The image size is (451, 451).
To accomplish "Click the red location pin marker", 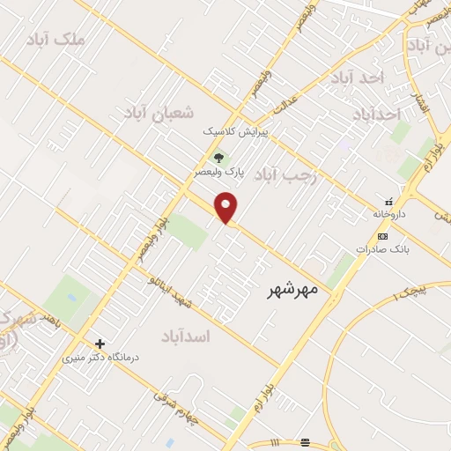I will (x=227, y=207).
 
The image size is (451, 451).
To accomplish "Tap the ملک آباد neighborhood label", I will (x=57, y=41).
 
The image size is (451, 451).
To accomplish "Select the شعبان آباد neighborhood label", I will (x=159, y=113).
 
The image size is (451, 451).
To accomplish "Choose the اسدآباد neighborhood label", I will (x=188, y=336).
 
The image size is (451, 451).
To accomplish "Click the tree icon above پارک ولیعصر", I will (x=218, y=159).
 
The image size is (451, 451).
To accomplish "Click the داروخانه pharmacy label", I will (x=390, y=213).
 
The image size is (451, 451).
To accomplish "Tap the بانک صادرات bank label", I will (x=381, y=249).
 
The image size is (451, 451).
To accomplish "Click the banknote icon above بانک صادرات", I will (x=382, y=236).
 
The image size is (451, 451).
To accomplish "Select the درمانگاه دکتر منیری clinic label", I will (x=100, y=359).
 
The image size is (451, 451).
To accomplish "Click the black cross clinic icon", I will (x=100, y=344).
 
